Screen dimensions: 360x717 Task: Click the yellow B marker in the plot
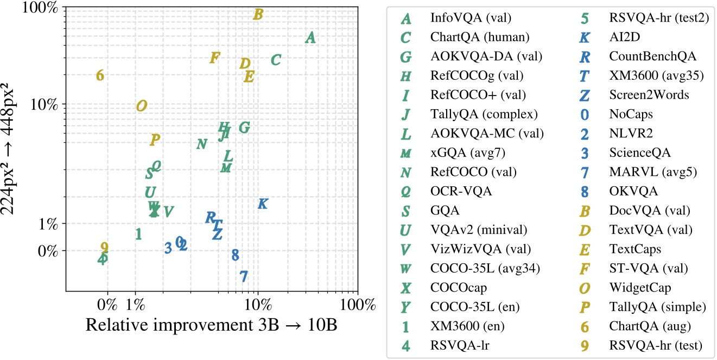(258, 15)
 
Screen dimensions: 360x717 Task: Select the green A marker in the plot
(310, 37)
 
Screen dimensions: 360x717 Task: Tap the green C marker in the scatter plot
(276, 60)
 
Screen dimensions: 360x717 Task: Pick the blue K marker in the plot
(262, 204)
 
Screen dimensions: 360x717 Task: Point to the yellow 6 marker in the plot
(100, 76)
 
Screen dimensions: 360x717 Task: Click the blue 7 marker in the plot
(244, 276)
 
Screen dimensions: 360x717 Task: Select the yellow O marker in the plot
(141, 106)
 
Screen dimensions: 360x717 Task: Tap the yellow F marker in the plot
(214, 58)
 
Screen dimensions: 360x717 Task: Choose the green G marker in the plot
(244, 128)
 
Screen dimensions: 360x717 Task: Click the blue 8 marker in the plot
(235, 255)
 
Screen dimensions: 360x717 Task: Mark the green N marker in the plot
(201, 144)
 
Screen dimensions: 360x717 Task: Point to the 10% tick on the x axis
(258, 305)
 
